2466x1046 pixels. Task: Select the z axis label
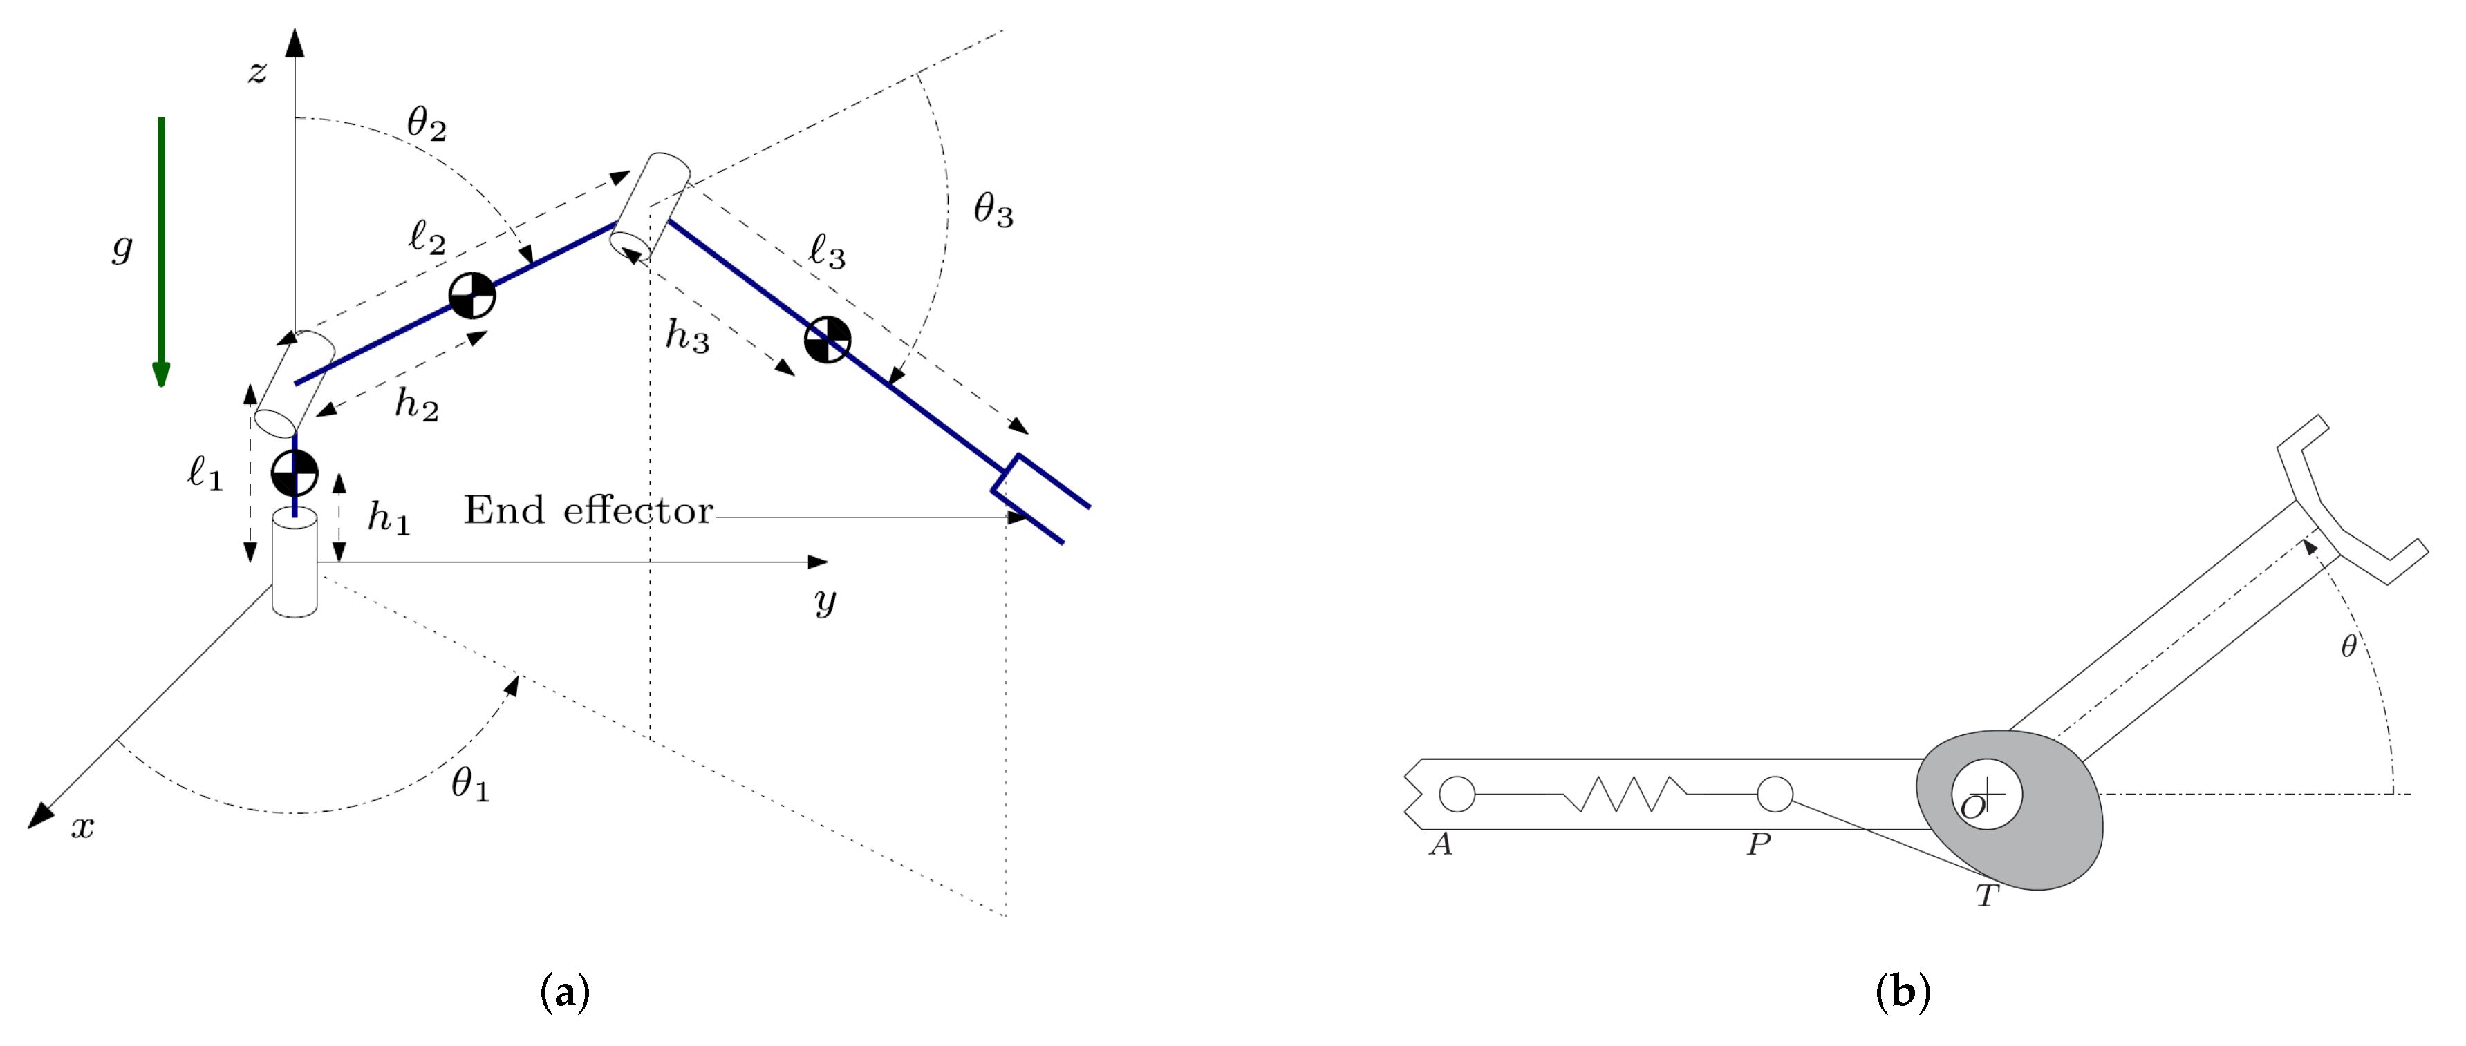coord(257,72)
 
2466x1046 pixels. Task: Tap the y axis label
coord(824,601)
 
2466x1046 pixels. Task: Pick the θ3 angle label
coord(993,209)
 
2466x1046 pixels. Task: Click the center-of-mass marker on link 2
coord(472,295)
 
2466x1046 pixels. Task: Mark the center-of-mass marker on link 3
coord(827,340)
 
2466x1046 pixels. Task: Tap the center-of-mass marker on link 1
coord(295,473)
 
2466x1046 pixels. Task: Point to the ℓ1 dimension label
coord(205,473)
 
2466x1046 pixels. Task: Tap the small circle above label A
coord(1457,795)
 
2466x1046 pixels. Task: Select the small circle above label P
coord(1775,795)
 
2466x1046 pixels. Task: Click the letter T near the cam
coord(1988,897)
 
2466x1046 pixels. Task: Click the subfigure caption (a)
coord(565,992)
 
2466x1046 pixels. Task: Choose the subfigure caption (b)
coord(1902,992)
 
